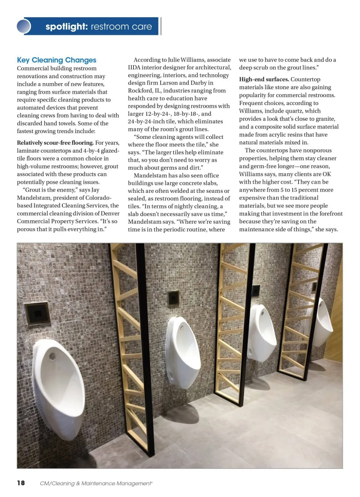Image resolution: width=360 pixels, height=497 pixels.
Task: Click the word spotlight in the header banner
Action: coord(66,27)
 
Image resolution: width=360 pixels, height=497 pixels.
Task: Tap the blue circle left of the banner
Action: coord(24,26)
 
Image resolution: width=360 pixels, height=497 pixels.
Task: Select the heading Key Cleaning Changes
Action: coord(57,60)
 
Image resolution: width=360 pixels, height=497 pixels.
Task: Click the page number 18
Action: coord(21,483)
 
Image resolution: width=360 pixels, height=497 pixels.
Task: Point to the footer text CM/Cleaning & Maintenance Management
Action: coord(96,484)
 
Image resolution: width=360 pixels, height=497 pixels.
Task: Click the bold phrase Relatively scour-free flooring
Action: coord(55,143)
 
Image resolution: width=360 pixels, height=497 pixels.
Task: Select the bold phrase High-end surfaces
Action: coord(264,79)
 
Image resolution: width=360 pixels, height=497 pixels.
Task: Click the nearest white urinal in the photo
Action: coord(58,387)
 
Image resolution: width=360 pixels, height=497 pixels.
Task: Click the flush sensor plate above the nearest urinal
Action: coord(37,313)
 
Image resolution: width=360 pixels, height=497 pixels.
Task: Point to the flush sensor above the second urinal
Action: coord(173,298)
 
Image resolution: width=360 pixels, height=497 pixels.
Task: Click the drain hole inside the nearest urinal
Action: coord(52,356)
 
